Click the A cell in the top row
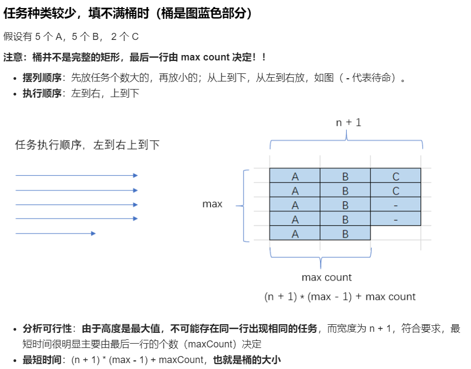tap(295, 176)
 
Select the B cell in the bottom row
tap(345, 234)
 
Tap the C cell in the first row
tap(395, 176)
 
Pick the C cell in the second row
tap(395, 190)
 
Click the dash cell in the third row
tap(395, 205)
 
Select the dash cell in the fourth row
tap(395, 220)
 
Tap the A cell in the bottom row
tap(295, 234)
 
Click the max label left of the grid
tap(212, 204)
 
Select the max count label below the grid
tap(326, 277)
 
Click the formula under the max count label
tap(340, 297)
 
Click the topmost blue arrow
tap(76, 175)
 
